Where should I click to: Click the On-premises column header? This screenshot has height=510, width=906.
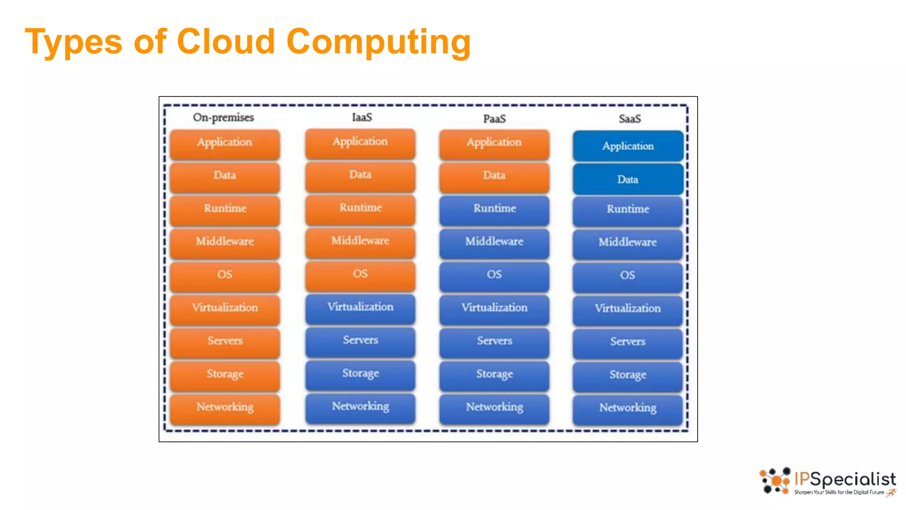coord(223,118)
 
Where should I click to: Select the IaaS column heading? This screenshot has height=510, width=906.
coord(362,118)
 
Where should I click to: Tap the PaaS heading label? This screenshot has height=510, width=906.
coord(494,119)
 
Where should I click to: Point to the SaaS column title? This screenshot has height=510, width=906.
coord(630,119)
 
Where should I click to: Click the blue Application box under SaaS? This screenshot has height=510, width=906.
coord(628,146)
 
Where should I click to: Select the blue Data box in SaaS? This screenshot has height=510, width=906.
coord(628,179)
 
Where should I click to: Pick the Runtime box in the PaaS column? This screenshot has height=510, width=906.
coord(494,209)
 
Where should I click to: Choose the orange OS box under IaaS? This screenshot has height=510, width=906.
coord(360,274)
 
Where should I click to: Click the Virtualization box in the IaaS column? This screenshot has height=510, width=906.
coord(360,308)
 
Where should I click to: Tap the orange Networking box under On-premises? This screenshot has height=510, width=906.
coord(225,408)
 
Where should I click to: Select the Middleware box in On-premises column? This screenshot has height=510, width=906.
coord(225,242)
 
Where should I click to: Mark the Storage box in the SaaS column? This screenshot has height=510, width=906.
coord(628,375)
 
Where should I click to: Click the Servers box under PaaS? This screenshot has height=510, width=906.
coord(494,341)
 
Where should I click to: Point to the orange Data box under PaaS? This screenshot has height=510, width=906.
coord(494,176)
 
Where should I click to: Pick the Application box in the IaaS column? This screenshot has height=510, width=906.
coord(360,142)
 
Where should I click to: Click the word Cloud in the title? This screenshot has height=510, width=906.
coord(226,41)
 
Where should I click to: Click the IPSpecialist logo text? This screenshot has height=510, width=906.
coord(845,479)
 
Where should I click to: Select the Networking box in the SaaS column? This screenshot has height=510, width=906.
coord(628,409)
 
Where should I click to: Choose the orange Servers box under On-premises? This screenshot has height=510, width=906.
coord(225,341)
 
